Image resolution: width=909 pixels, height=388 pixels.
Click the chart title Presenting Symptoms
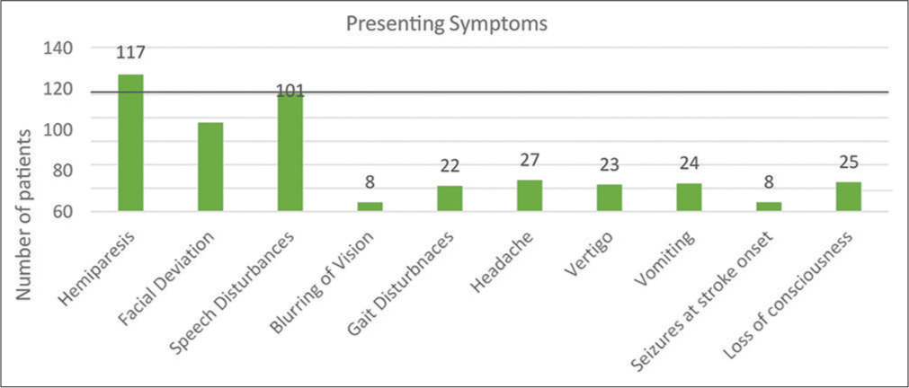click(447, 25)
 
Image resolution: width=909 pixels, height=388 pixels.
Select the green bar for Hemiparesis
click(130, 143)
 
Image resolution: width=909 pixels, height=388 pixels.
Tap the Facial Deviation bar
click(210, 167)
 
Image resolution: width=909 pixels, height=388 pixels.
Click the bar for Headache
click(530, 195)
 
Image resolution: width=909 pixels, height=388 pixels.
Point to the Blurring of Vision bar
click(370, 207)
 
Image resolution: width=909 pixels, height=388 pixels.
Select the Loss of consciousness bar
click(849, 197)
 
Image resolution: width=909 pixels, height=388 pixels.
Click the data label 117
click(130, 53)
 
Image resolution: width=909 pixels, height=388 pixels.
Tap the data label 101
click(290, 92)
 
